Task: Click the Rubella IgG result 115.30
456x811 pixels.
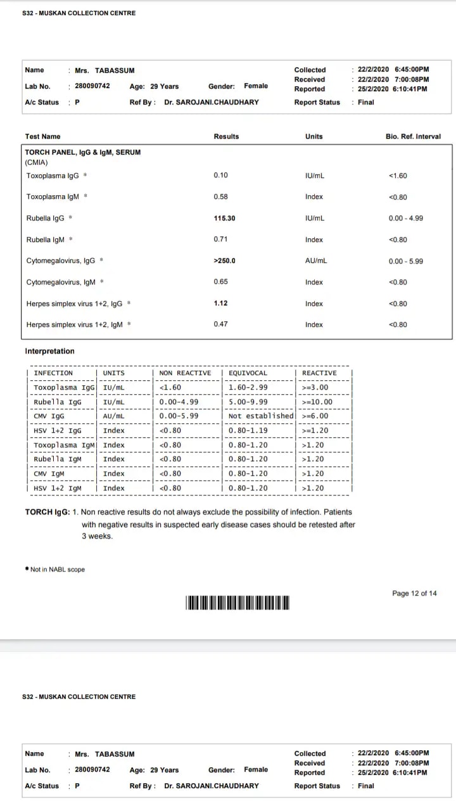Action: click(x=224, y=218)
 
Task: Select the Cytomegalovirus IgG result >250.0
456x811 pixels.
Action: click(x=224, y=261)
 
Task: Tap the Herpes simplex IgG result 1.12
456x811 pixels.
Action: click(x=221, y=303)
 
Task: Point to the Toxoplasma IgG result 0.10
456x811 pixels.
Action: click(x=221, y=176)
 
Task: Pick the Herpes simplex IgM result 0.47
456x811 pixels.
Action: click(x=221, y=324)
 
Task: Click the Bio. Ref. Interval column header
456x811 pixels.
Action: click(x=413, y=136)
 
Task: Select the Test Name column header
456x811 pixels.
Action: click(x=43, y=136)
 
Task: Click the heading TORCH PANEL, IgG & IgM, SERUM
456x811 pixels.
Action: click(x=83, y=153)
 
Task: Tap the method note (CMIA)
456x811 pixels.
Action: click(x=36, y=162)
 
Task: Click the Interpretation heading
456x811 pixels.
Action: click(x=49, y=351)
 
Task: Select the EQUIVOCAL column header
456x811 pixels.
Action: click(x=248, y=373)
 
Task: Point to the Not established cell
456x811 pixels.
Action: click(x=261, y=416)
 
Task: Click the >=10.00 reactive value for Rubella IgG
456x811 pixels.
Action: click(x=317, y=402)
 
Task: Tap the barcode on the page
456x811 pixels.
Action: click(x=237, y=603)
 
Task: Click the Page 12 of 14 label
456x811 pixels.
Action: click(x=414, y=594)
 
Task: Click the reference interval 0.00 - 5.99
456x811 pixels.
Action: click(x=406, y=261)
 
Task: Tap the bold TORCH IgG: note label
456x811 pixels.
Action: click(x=47, y=512)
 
